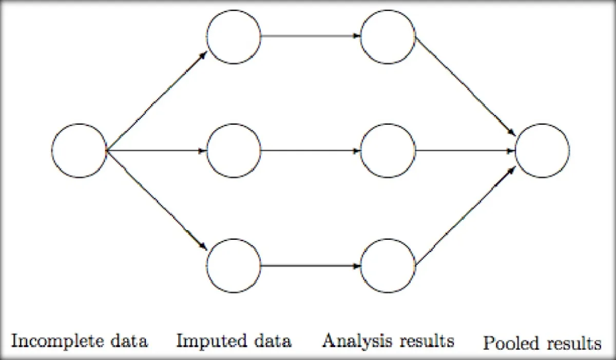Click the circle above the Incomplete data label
(x=79, y=150)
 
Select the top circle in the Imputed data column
(x=234, y=37)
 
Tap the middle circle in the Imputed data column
(x=234, y=150)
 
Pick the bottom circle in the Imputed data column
(x=234, y=266)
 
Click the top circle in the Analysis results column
(x=388, y=37)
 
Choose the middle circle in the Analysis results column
(x=388, y=150)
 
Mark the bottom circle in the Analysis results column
(x=388, y=266)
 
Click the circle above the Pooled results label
(x=542, y=150)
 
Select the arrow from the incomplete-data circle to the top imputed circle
(x=157, y=100)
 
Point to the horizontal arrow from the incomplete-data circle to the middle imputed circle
(x=157, y=150)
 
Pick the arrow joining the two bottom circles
(x=311, y=266)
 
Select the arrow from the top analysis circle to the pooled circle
(x=465, y=86)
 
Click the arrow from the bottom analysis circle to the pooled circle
(x=465, y=216)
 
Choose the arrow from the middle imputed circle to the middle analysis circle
(x=311, y=150)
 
